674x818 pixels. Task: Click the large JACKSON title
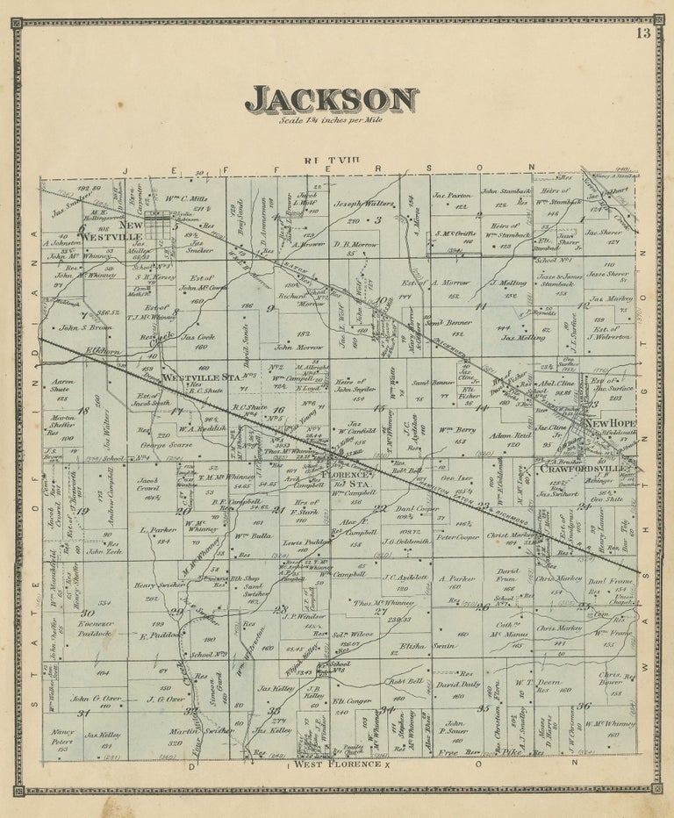tap(331, 101)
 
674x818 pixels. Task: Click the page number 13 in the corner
tap(643, 34)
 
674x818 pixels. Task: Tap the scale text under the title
tap(331, 121)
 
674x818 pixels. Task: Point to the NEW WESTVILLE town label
tap(120, 230)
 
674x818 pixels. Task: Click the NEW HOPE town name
tap(611, 424)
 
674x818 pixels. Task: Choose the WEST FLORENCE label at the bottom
tap(338, 764)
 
